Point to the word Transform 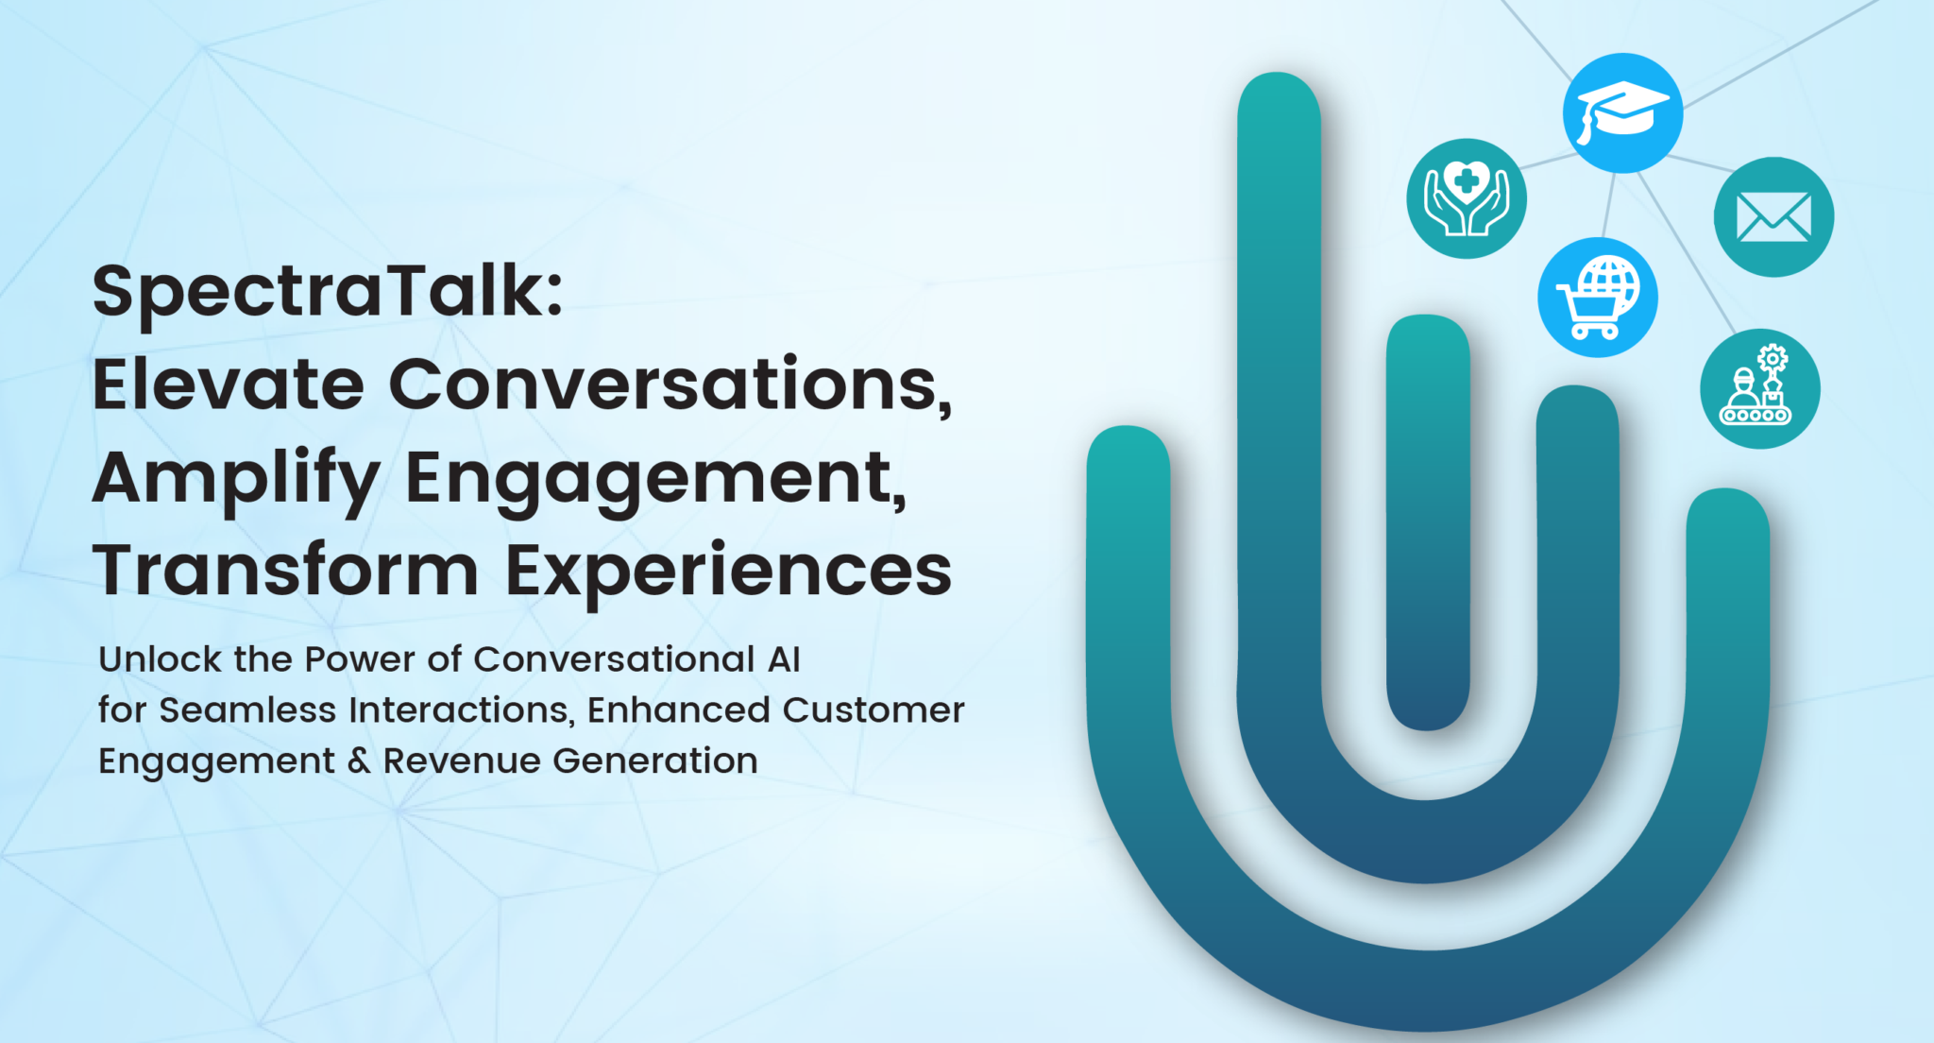coord(286,571)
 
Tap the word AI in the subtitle coord(784,659)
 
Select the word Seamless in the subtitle coord(247,710)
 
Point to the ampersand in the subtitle coord(359,761)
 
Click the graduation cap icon coord(1622,112)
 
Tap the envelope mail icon coord(1773,217)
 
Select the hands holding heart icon coord(1467,198)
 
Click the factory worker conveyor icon coord(1760,388)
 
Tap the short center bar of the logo coord(1428,522)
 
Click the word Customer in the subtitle coord(874,710)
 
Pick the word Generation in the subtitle coord(655,761)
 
